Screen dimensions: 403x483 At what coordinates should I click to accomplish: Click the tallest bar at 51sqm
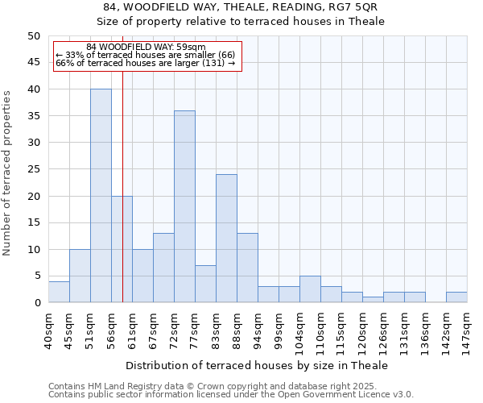coord(101,196)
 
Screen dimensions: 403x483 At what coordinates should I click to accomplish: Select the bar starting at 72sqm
coord(184,206)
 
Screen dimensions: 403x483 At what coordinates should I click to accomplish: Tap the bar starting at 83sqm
coord(226,239)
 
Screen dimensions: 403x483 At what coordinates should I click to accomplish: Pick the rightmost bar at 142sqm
coord(456,297)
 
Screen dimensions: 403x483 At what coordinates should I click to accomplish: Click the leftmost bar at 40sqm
coord(59,292)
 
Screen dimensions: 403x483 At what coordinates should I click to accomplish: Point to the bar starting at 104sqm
coord(310,289)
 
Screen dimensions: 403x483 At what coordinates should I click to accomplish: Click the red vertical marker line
coord(122,201)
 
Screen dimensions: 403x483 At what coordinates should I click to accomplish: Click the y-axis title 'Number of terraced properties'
coord(8,172)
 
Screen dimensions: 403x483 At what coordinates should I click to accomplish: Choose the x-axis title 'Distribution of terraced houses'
coord(257,365)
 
